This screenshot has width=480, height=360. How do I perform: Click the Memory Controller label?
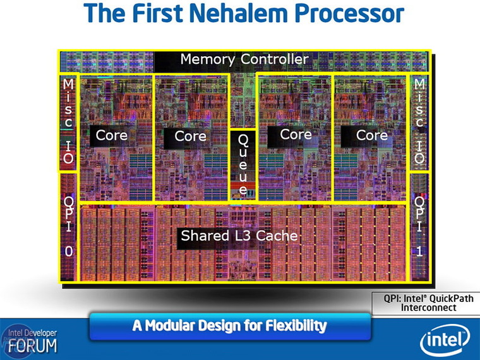(244, 60)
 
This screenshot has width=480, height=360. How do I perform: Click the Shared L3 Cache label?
(239, 236)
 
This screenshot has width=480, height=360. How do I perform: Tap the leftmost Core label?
(111, 135)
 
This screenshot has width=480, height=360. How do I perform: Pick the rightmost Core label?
(372, 136)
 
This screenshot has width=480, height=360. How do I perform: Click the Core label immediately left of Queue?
(190, 136)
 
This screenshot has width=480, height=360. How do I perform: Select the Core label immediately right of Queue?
(296, 135)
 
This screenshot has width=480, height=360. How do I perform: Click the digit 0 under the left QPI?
(68, 251)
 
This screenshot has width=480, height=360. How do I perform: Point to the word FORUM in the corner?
(33, 346)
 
